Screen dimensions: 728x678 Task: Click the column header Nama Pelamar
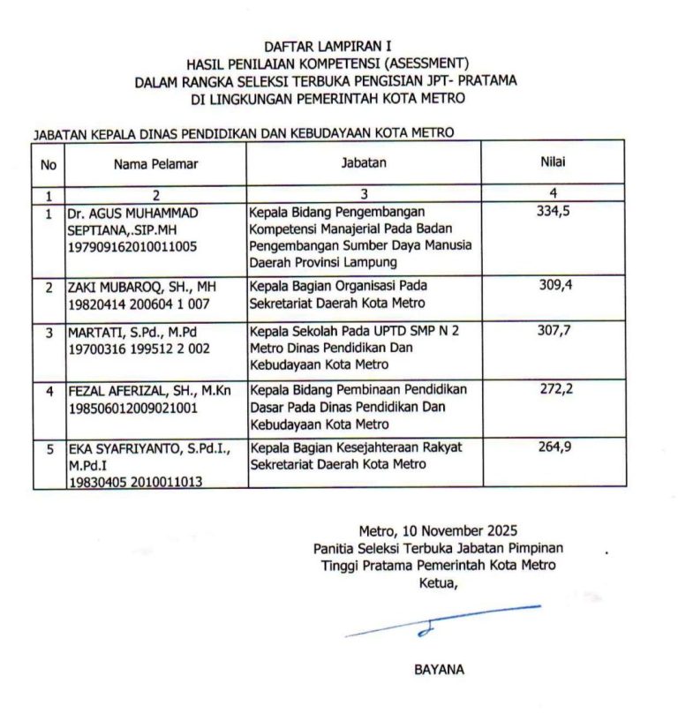tap(155, 163)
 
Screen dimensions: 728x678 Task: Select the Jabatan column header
tap(364, 162)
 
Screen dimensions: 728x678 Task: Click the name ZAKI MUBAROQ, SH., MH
tap(142, 287)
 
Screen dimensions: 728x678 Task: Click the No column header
tap(49, 163)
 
